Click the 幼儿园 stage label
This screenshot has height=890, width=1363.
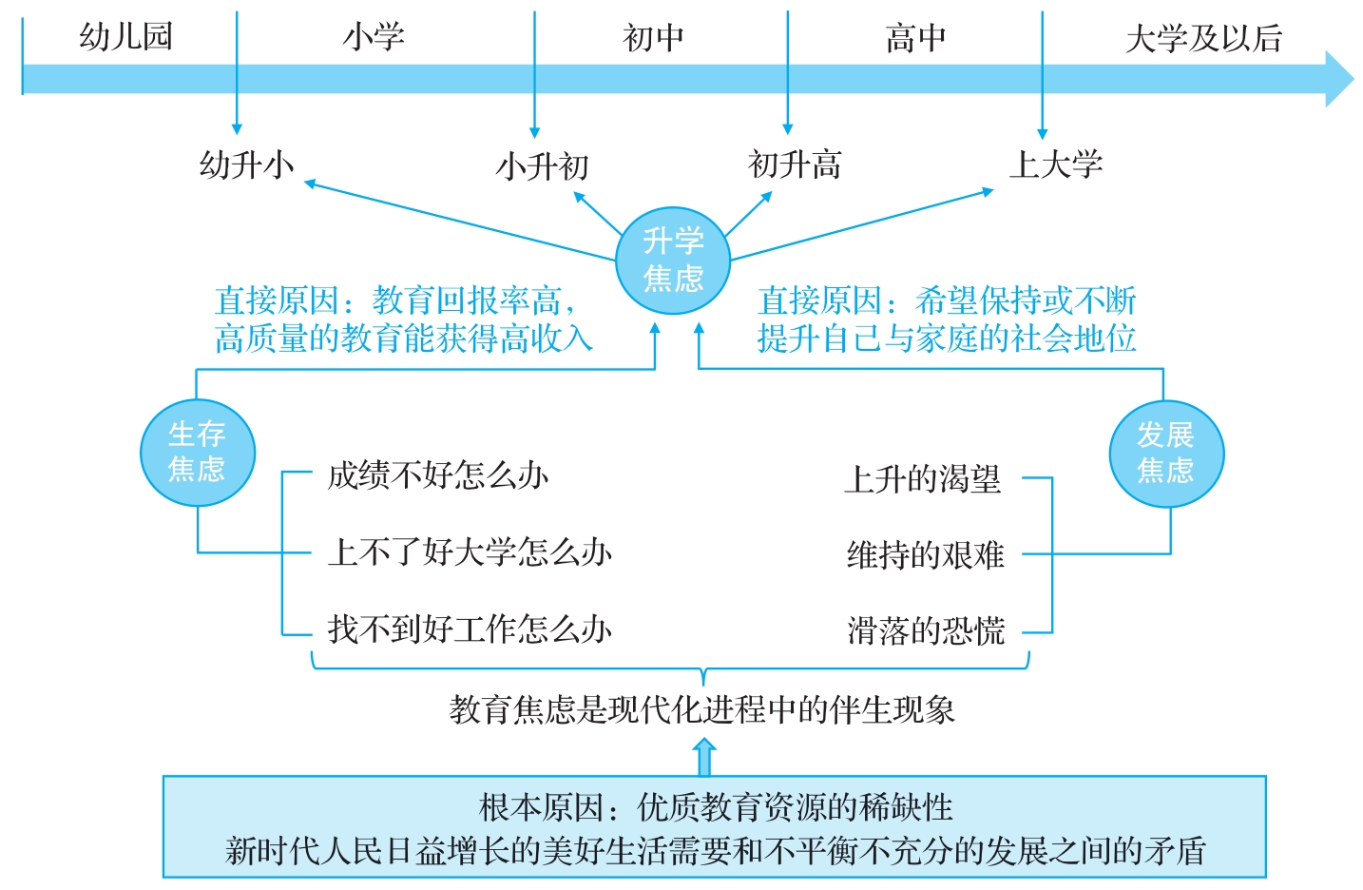[126, 36]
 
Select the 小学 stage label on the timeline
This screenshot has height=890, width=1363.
[374, 37]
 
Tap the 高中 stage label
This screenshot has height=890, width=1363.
[915, 38]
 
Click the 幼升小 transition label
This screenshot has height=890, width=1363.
[247, 164]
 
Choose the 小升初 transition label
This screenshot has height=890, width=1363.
[542, 166]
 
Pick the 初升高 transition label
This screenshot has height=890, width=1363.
[794, 164]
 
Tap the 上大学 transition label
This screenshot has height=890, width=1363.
[1056, 164]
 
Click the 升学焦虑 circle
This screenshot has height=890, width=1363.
[673, 261]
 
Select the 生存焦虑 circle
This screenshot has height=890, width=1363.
[198, 453]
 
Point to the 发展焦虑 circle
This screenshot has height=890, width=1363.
[1166, 454]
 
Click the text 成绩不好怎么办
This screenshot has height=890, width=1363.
[438, 476]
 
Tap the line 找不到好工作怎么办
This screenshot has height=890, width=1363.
[470, 629]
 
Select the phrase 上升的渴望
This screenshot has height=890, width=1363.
[923, 479]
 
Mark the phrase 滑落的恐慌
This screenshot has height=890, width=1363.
[926, 630]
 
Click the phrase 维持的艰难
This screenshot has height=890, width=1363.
[926, 555]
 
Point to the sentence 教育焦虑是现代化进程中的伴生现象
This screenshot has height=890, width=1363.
[701, 709]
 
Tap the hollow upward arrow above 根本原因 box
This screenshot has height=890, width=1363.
[704, 757]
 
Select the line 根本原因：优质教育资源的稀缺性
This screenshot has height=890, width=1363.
[716, 808]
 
